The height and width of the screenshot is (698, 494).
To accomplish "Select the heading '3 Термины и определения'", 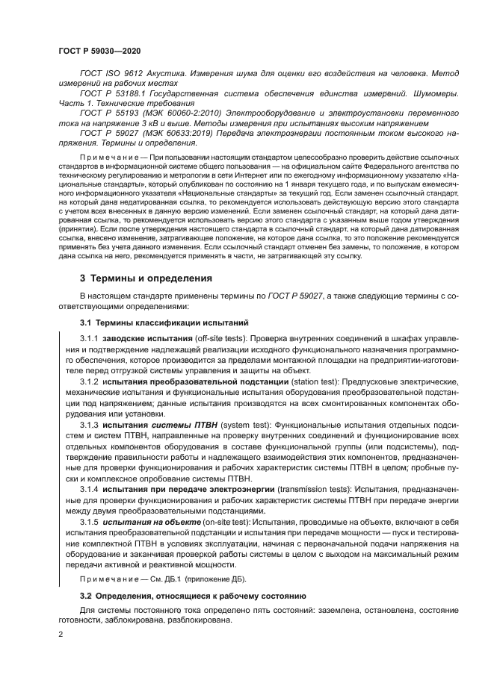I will click(146, 278).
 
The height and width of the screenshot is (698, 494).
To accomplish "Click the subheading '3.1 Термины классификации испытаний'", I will click(164, 322).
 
